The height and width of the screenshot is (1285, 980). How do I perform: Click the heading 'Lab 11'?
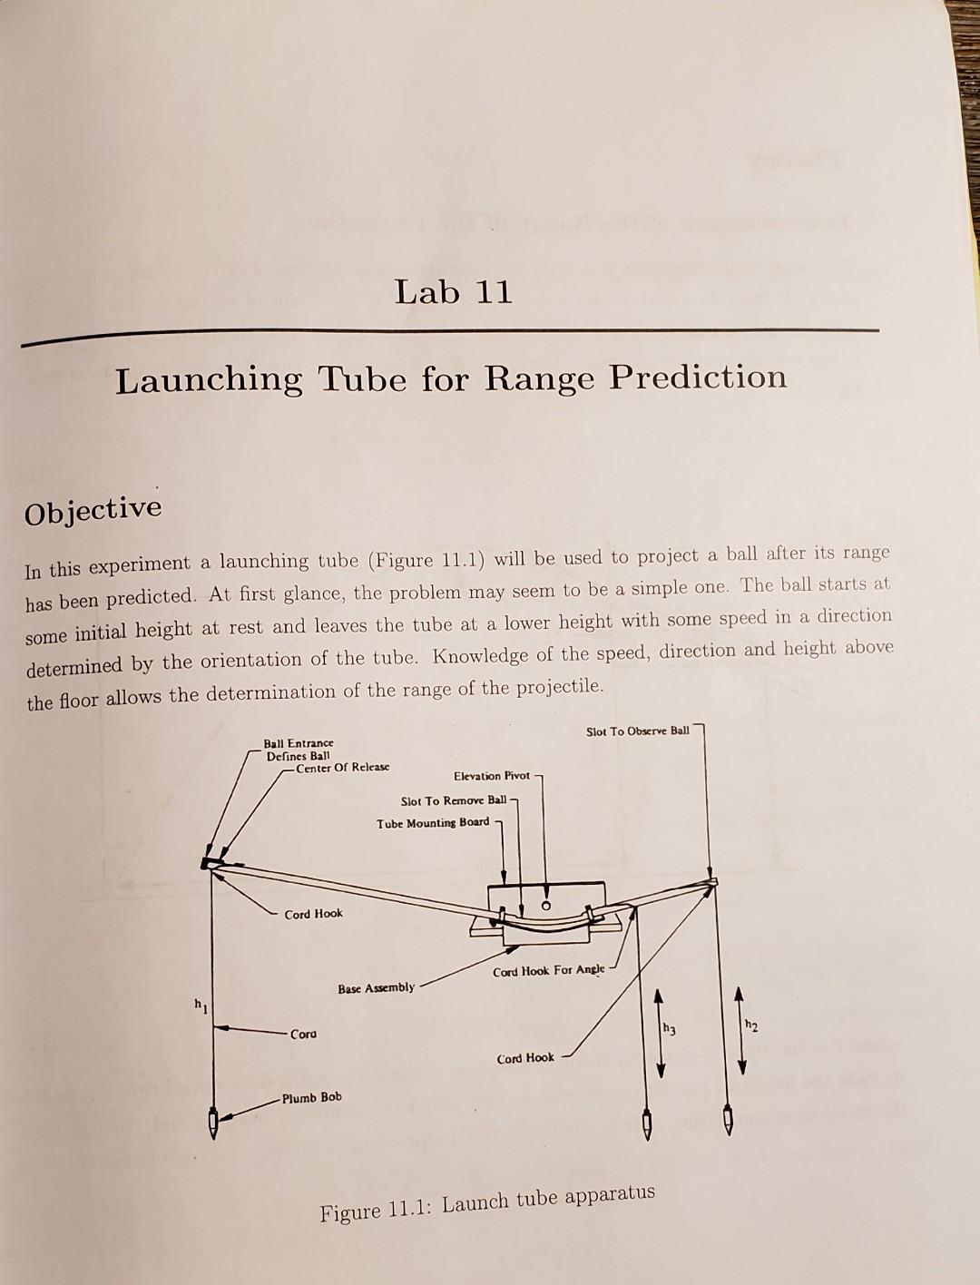[454, 292]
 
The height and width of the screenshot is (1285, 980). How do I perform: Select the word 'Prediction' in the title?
[698, 376]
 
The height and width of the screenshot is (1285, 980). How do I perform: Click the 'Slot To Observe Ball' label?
[637, 731]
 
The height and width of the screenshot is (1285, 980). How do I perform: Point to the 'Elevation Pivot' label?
[491, 776]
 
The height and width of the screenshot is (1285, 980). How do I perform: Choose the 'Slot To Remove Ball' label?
[453, 800]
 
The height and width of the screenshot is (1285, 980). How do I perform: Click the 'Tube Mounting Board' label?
[433, 823]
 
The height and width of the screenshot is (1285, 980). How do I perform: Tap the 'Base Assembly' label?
[376, 987]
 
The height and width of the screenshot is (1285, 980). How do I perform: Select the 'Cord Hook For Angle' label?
[548, 970]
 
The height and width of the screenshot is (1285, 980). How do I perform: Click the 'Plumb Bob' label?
[311, 1097]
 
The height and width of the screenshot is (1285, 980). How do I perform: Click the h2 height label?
[750, 1025]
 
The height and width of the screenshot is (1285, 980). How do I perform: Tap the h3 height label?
[670, 1028]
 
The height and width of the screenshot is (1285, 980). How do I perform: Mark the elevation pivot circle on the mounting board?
[546, 906]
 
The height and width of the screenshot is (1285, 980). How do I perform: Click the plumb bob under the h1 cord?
[213, 1123]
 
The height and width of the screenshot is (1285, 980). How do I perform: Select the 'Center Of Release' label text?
[342, 767]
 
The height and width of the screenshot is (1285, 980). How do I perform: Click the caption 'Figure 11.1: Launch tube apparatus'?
[486, 1202]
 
